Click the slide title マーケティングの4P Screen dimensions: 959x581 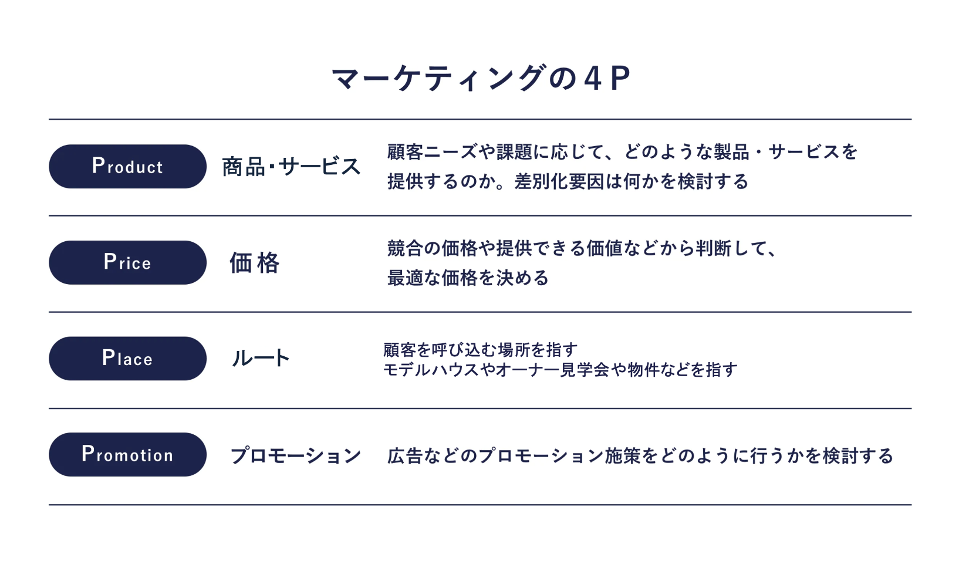(481, 78)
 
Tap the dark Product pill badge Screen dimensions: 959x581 (127, 166)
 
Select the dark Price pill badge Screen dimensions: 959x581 (127, 262)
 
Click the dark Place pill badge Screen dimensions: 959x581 (127, 359)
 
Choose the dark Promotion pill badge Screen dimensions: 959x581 (127, 454)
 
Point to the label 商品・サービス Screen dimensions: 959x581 (291, 167)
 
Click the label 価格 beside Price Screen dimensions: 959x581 (255, 262)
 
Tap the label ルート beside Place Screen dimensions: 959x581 (261, 359)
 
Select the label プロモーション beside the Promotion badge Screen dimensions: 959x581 (295, 455)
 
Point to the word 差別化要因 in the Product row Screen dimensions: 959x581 (559, 181)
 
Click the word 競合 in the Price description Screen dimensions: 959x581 (405, 248)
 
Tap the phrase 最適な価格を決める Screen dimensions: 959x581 (468, 278)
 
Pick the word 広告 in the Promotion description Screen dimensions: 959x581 (405, 455)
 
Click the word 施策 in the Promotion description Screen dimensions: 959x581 (623, 455)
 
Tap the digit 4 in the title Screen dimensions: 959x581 (593, 79)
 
